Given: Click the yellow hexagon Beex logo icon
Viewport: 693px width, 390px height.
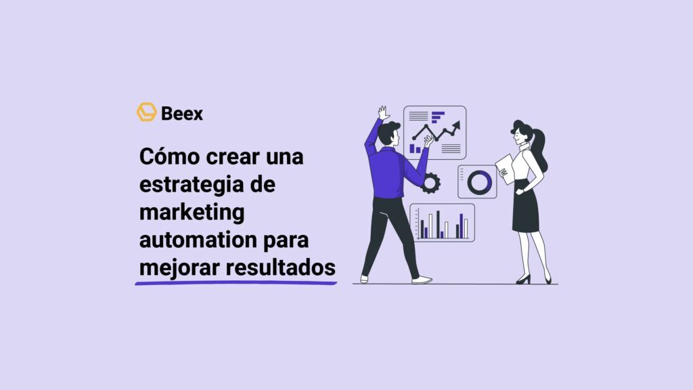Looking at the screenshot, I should point(146,112).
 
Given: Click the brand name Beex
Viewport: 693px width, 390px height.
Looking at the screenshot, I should point(182,113).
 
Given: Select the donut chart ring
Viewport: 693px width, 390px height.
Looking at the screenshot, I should point(479,181).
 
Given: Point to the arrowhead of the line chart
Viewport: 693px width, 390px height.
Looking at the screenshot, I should point(457,125).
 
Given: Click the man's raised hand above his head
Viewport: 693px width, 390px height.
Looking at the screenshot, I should point(384,112).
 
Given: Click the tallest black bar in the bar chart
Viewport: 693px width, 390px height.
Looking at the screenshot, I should point(438,224).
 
